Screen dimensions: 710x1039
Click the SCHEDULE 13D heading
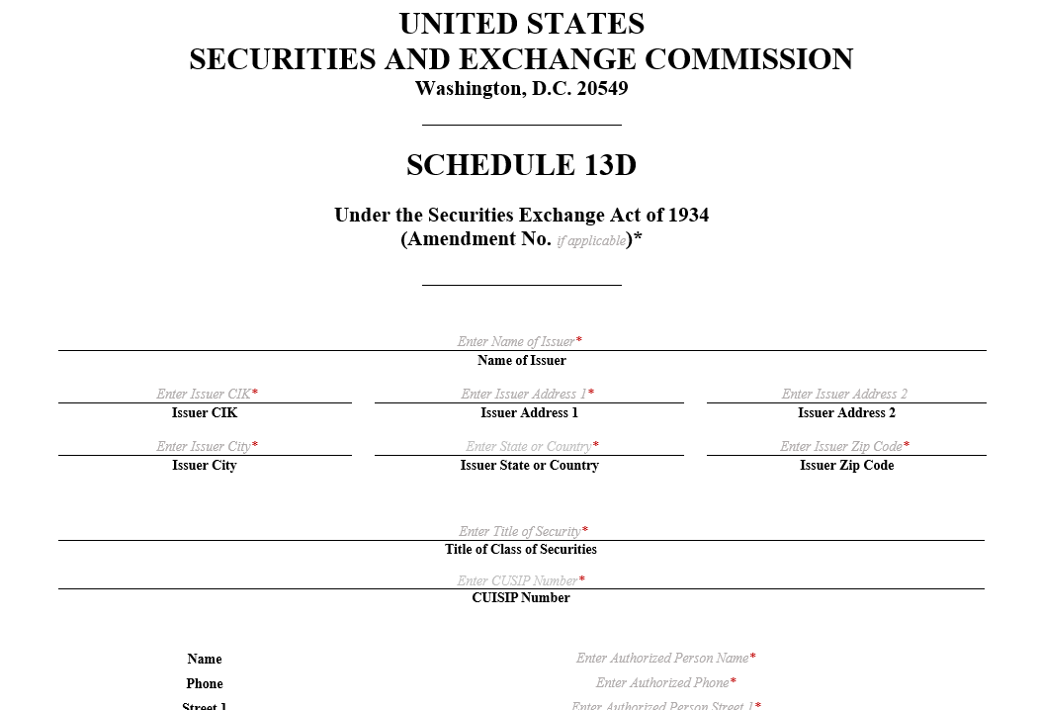point(521,165)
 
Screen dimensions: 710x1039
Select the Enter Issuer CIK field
point(204,394)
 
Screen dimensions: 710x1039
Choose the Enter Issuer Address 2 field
point(844,394)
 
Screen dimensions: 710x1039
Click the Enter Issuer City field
point(204,446)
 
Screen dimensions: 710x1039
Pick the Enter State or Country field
point(529,446)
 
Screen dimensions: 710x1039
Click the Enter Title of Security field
point(520,531)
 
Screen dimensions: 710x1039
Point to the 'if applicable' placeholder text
point(590,240)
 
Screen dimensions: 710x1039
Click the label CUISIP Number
point(521,597)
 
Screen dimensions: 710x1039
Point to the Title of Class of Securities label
point(521,549)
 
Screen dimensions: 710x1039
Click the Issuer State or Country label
point(529,465)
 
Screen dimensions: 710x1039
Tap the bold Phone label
point(205,683)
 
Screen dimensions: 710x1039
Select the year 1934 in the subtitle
point(688,215)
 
